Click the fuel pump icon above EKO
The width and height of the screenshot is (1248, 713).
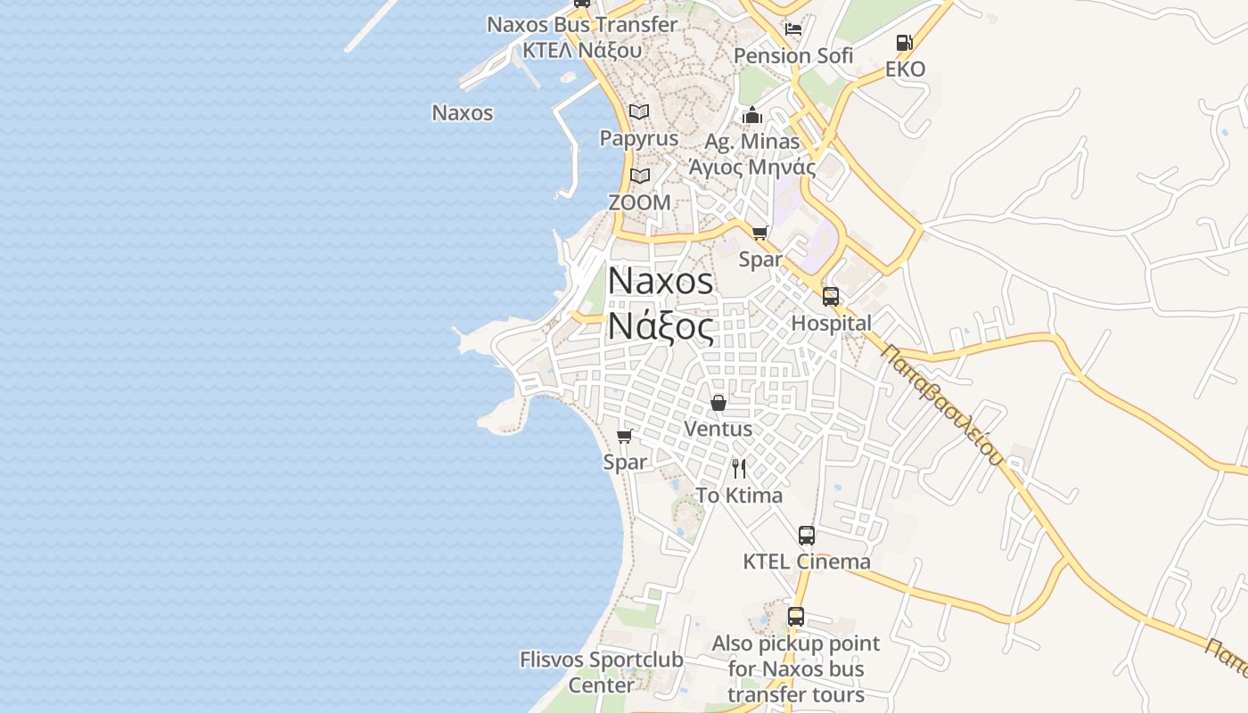[x=904, y=42]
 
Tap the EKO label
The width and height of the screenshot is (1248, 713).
[x=905, y=69]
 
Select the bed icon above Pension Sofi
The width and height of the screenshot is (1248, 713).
[x=793, y=29]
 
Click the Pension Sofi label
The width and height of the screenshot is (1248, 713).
[x=792, y=55]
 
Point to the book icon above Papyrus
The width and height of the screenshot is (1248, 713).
[x=639, y=111]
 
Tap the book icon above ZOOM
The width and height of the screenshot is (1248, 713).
[x=639, y=176]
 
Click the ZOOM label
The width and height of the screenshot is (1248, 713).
[x=639, y=202]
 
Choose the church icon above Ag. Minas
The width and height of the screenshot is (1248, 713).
[x=752, y=115]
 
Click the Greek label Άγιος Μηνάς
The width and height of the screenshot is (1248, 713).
[x=751, y=167]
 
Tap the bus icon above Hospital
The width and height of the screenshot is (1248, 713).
[x=831, y=297]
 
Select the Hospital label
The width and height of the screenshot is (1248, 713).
[x=831, y=324]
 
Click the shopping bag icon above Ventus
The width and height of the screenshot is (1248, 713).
[x=718, y=403]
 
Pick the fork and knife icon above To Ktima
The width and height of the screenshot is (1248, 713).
[x=739, y=469]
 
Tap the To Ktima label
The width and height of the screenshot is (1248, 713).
[x=739, y=496]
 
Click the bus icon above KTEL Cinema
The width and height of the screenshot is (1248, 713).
[x=807, y=536]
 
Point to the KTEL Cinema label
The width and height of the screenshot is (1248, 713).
[x=807, y=561]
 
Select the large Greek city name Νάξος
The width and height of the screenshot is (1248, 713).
[x=661, y=327]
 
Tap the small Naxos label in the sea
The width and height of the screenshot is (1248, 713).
[x=462, y=113]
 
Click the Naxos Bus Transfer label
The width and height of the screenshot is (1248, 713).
[x=582, y=25]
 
